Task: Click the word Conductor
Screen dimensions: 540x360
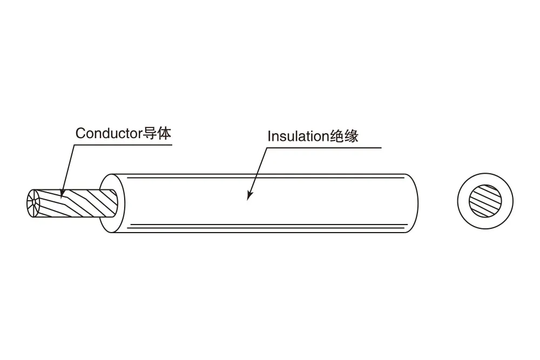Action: (109, 133)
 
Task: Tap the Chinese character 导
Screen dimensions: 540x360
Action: (150, 133)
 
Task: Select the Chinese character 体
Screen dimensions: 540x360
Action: (164, 133)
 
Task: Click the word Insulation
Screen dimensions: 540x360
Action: (298, 137)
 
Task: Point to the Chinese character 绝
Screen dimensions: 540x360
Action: (336, 137)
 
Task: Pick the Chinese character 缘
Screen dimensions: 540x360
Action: (352, 137)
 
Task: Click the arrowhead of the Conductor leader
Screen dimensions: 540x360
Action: (62, 194)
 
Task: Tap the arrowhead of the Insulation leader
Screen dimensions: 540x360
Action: (249, 196)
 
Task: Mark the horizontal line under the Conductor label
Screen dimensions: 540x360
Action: (123, 145)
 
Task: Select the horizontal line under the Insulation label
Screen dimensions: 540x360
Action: (324, 148)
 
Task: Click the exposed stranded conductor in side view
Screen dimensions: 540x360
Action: (72, 203)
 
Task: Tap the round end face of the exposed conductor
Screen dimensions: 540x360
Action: (33, 203)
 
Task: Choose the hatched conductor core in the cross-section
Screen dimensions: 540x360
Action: (485, 201)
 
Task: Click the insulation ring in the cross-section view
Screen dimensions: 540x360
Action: (463, 201)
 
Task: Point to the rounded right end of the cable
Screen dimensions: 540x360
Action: (417, 203)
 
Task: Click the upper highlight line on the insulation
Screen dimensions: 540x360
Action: (265, 178)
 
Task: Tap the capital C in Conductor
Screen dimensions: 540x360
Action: (80, 133)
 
